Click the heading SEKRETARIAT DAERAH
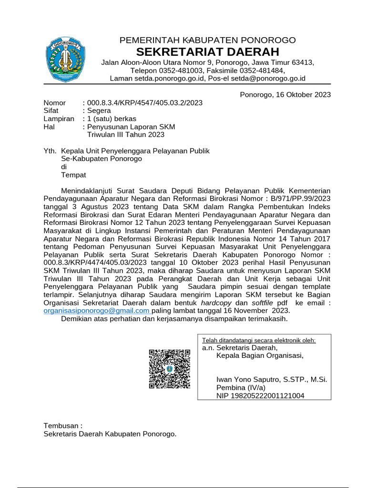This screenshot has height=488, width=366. pyautogui.click(x=207, y=51)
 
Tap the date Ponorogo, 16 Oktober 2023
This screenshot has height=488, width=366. pyautogui.click(x=285, y=94)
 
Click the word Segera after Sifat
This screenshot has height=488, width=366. pyautogui.click(x=99, y=111)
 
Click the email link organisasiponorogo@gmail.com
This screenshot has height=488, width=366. pyautogui.click(x=96, y=311)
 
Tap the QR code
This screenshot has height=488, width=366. pyautogui.click(x=170, y=369)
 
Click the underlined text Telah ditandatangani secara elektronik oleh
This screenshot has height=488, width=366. pyautogui.click(x=259, y=340)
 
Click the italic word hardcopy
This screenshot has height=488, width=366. pyautogui.click(x=217, y=303)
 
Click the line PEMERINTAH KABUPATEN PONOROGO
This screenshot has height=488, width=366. pyautogui.click(x=207, y=40)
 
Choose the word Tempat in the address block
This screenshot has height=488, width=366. pyautogui.click(x=73, y=175)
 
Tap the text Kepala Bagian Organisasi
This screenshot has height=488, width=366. pyautogui.click(x=260, y=356)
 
